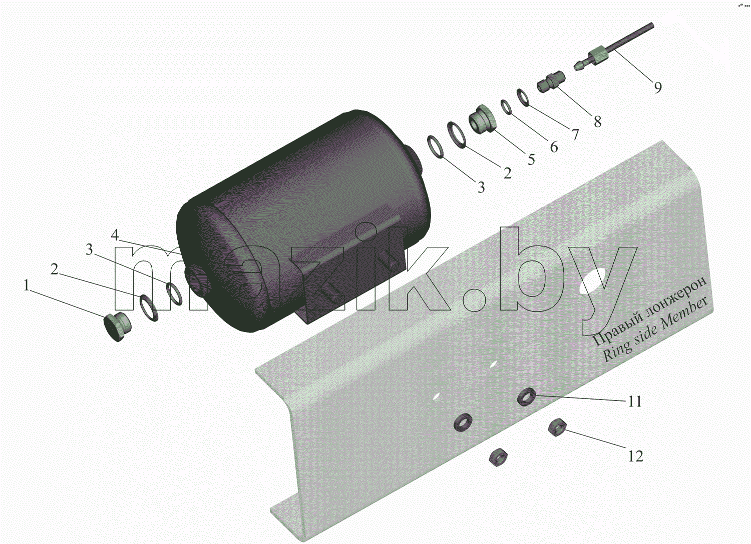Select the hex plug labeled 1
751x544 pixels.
117,326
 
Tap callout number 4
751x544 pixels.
115,235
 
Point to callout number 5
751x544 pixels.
531,159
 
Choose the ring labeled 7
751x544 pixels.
523,97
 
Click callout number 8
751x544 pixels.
597,121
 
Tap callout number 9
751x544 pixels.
658,87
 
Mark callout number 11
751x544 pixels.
635,401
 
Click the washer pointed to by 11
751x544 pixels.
526,397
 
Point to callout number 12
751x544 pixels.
635,456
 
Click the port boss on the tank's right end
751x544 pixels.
415,157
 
